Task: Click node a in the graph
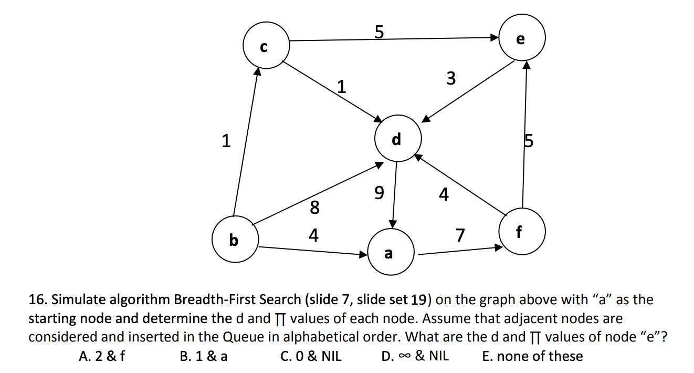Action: click(x=389, y=253)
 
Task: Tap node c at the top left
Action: click(x=266, y=46)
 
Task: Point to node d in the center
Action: click(x=397, y=139)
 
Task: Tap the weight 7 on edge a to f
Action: click(x=460, y=236)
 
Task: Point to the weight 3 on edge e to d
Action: click(x=450, y=79)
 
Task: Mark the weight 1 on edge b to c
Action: click(x=226, y=141)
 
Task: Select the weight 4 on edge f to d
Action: click(x=444, y=195)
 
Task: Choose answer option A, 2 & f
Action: click(x=102, y=356)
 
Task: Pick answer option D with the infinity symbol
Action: click(x=415, y=356)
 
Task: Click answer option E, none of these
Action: click(x=532, y=356)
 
